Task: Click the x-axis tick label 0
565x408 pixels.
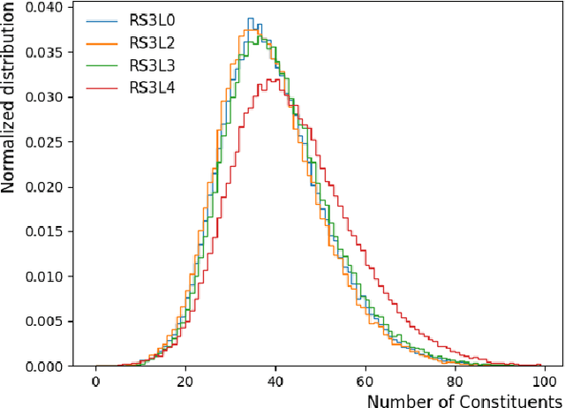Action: pos(95,384)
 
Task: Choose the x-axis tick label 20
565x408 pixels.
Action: pos(185,384)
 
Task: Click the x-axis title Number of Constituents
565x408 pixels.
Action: pos(463,400)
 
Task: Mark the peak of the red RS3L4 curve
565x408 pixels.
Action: pos(275,79)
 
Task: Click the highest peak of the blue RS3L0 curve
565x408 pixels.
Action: pos(250,19)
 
